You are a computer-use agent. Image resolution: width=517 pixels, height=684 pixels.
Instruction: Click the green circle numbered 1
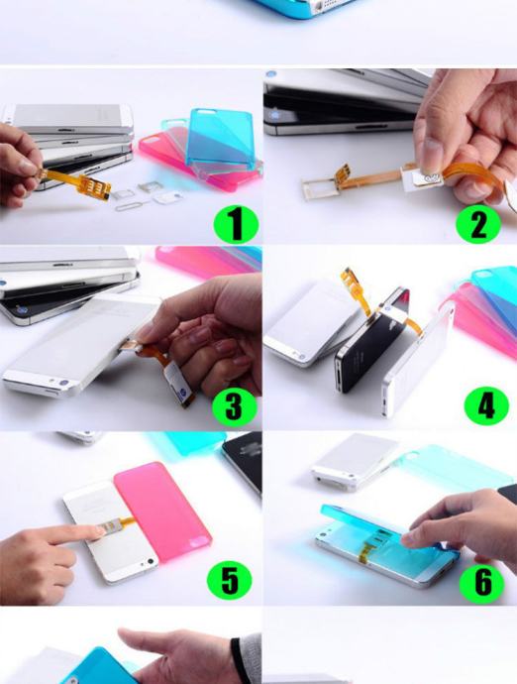click(236, 224)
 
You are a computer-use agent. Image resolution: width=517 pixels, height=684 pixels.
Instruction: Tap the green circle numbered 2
click(478, 224)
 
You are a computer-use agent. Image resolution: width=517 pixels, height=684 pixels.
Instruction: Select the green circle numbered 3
click(234, 406)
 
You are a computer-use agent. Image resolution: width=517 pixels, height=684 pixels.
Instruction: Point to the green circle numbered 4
click(486, 405)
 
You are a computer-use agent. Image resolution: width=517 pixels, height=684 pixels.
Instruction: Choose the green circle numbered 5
click(230, 580)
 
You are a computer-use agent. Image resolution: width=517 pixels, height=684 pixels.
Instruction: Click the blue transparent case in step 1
click(221, 140)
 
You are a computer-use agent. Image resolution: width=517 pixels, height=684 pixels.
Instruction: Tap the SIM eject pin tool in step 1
click(133, 205)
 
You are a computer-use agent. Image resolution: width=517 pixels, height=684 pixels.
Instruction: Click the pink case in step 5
click(162, 512)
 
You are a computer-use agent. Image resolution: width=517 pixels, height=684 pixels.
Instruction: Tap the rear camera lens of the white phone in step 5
click(151, 561)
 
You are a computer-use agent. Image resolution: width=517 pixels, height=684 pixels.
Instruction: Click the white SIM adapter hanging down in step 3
click(178, 382)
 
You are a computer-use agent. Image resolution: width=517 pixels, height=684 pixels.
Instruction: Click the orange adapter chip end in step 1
click(98, 189)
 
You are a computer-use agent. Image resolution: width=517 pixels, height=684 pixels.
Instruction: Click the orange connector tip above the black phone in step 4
click(350, 277)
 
